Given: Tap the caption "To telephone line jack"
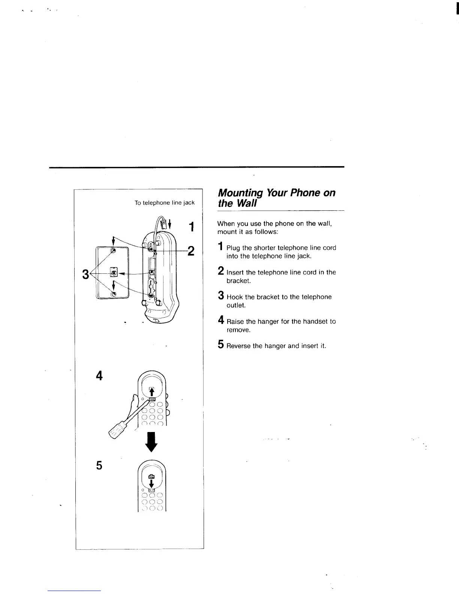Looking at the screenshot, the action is point(165,203).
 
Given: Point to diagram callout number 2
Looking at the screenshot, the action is point(191,250).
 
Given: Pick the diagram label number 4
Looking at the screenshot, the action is point(99,375).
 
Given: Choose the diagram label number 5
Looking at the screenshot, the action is point(99,465).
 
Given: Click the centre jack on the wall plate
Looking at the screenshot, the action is point(113,271).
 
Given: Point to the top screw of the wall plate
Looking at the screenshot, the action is point(112,250).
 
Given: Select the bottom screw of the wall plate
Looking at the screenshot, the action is point(113,294).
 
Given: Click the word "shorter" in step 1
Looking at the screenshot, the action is point(265,248).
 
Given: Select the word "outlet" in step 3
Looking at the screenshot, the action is point(235,305).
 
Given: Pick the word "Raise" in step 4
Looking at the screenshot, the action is point(235,321).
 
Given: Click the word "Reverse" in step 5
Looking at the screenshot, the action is point(238,346).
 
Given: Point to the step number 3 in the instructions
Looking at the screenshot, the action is point(221,296).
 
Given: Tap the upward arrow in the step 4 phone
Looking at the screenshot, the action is point(151,391).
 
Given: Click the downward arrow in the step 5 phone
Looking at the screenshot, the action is point(151,482).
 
